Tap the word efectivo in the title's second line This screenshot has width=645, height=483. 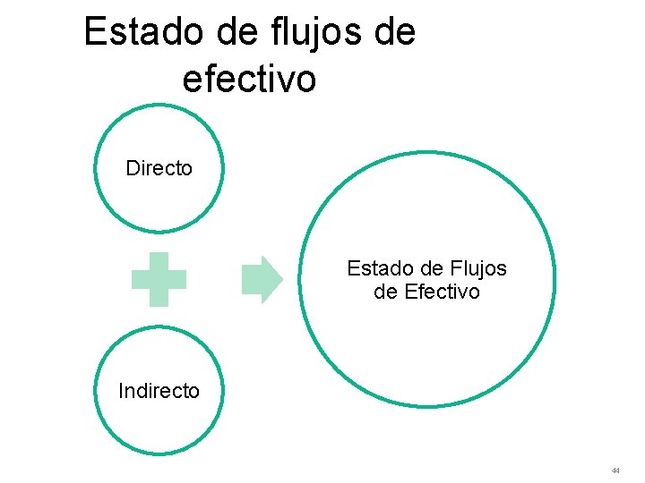249,79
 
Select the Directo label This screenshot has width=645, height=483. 159,169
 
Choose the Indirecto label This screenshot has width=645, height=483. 159,391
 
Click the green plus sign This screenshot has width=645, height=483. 159,280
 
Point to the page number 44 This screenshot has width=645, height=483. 615,470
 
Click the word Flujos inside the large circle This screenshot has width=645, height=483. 479,268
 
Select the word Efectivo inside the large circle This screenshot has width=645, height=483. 443,292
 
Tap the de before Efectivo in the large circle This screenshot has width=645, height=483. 386,292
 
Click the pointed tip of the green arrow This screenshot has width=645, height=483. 280,280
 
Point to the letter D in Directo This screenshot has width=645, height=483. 133,169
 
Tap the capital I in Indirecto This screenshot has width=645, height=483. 122,391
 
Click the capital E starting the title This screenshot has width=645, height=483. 93,33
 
